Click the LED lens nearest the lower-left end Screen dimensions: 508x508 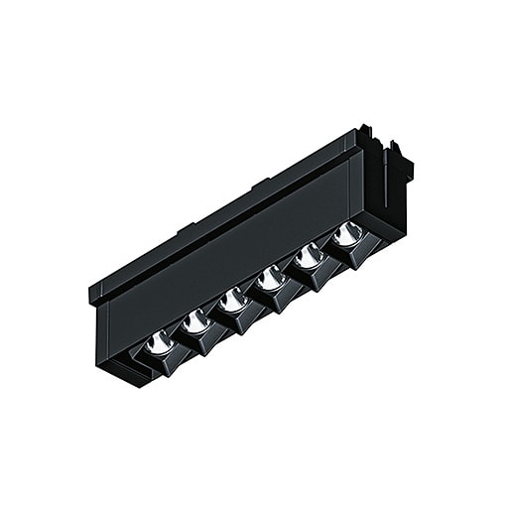point(157,343)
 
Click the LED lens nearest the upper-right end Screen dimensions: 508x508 point(346,234)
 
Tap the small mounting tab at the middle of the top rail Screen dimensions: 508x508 point(260,186)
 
